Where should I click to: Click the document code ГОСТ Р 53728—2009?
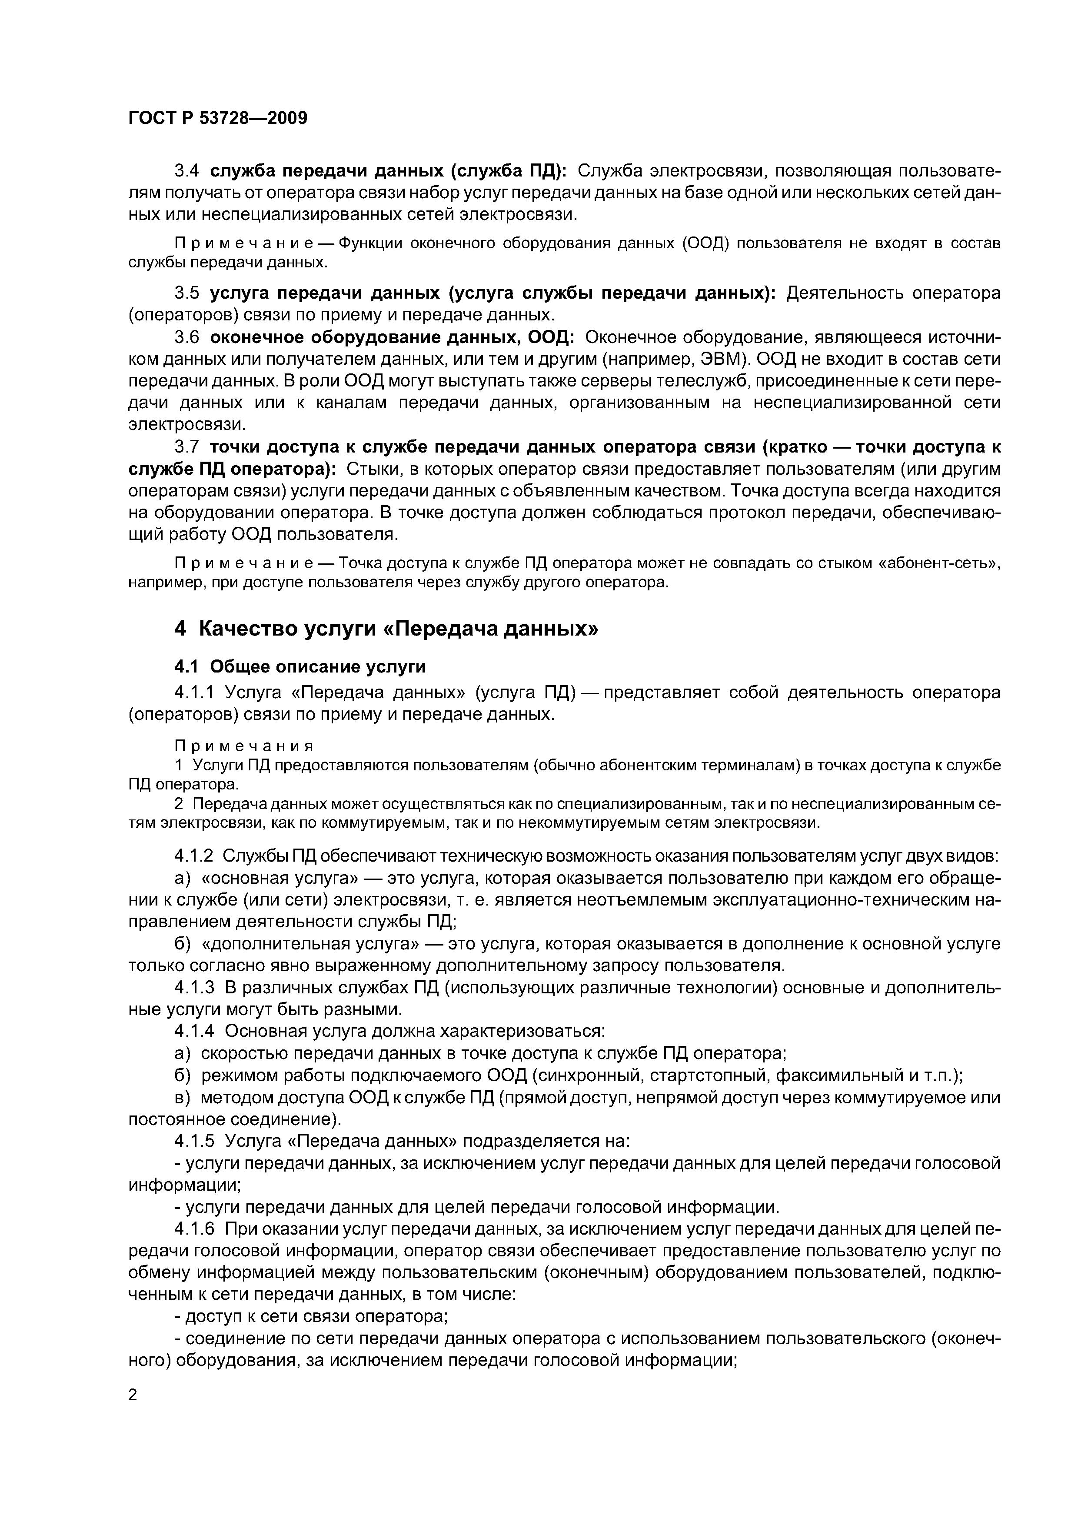217,118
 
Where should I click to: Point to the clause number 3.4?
186,171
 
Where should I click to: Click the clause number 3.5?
186,293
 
